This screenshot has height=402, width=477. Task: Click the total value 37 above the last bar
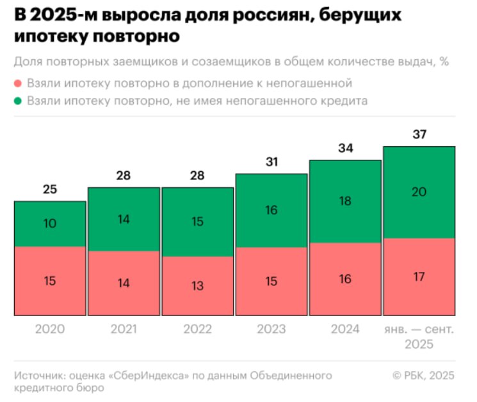[419, 135]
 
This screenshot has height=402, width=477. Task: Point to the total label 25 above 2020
[50, 190]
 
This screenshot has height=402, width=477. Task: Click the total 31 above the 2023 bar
[271, 162]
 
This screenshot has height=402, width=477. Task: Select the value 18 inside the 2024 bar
[345, 201]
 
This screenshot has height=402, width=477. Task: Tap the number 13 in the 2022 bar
[198, 286]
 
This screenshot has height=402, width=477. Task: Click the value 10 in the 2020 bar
[50, 224]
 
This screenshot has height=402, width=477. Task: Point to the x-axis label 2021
[124, 329]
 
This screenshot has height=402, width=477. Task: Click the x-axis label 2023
[271, 329]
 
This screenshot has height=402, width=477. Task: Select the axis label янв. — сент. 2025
[419, 337]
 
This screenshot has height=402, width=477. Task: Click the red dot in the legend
[18, 84]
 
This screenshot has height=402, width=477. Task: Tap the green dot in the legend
[18, 101]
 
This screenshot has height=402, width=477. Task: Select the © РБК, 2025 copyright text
[423, 375]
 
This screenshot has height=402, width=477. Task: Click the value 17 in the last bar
[419, 277]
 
